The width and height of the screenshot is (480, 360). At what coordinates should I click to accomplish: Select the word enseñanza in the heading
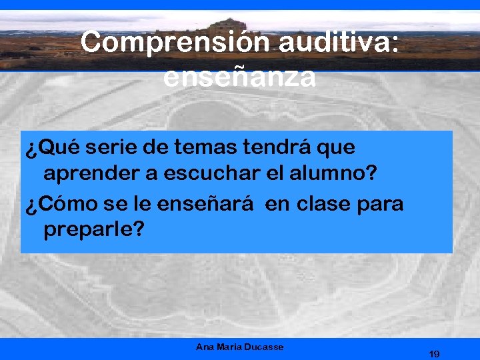[x=239, y=78]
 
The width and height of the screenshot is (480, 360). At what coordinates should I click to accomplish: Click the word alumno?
[x=334, y=174]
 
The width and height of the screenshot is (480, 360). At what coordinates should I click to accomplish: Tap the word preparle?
[x=93, y=231]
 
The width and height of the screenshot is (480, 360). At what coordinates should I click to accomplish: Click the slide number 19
[x=434, y=353]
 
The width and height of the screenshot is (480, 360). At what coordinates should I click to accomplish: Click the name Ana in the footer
[x=204, y=347]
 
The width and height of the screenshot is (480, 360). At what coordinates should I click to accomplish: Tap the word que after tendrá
[x=337, y=147]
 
